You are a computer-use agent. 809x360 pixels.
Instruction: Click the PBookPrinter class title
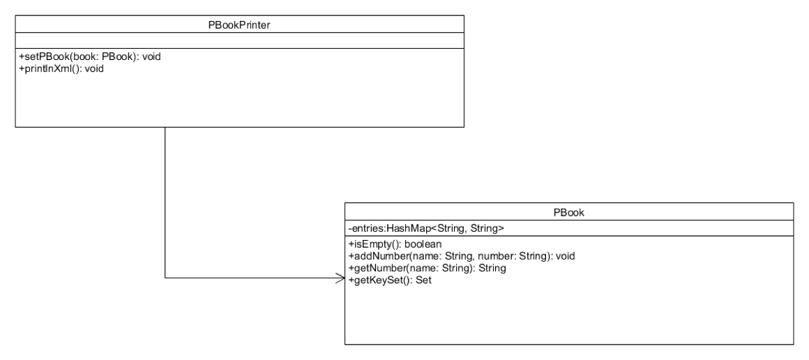(x=239, y=24)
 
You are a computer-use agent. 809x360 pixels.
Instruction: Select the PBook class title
(x=568, y=211)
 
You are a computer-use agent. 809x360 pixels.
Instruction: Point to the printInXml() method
(x=61, y=68)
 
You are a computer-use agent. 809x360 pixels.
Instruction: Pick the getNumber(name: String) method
(x=426, y=268)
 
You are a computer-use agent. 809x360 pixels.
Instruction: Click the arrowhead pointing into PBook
(x=341, y=279)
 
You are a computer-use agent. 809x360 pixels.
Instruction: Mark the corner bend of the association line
(x=165, y=279)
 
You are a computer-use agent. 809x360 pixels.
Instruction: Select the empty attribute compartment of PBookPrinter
(x=239, y=40)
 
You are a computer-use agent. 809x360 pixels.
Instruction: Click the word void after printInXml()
(x=94, y=68)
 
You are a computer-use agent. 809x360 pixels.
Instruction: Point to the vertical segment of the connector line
(x=165, y=202)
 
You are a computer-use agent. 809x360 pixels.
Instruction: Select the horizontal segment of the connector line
(x=251, y=279)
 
